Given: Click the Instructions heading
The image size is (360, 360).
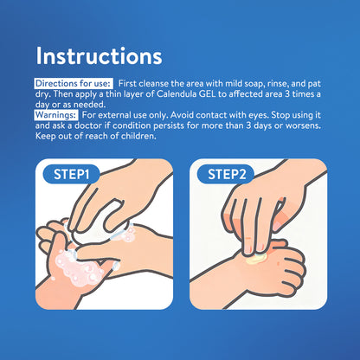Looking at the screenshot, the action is pos(99,55).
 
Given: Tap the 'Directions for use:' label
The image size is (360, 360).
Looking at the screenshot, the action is pos(73,83).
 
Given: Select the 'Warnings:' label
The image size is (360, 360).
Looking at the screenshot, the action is pos(56,115).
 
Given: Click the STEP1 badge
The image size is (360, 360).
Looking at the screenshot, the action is pos(71,174).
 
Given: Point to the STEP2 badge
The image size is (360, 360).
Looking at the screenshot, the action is pos(227,174).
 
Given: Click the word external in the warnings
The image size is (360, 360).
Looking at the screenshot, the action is pos(114,115).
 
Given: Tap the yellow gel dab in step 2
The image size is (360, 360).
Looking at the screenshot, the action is pos(255,259).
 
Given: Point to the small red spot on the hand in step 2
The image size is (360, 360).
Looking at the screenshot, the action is pos(278,264).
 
